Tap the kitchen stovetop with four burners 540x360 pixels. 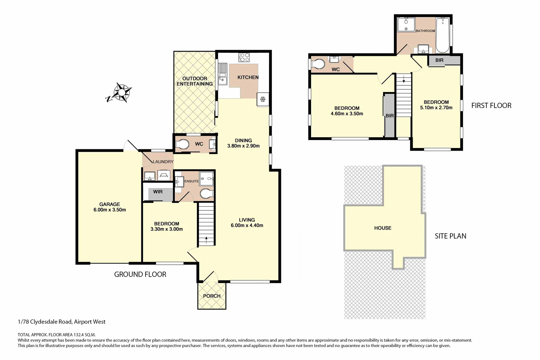click(244, 57)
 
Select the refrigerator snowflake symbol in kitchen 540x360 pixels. click(263, 99)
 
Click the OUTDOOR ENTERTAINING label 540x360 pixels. click(195, 81)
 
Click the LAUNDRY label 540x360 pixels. click(163, 162)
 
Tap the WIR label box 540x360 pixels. click(158, 192)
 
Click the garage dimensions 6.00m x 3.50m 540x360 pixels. click(110, 210)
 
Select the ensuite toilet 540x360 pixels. click(206, 193)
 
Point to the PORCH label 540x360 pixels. click(212, 296)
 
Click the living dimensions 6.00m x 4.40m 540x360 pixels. click(247, 225)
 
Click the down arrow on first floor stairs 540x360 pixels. click(404, 79)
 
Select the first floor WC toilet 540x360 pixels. click(318, 64)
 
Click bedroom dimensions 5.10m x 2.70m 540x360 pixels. click(436, 108)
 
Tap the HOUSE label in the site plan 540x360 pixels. click(383, 228)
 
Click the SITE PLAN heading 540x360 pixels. click(450, 236)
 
